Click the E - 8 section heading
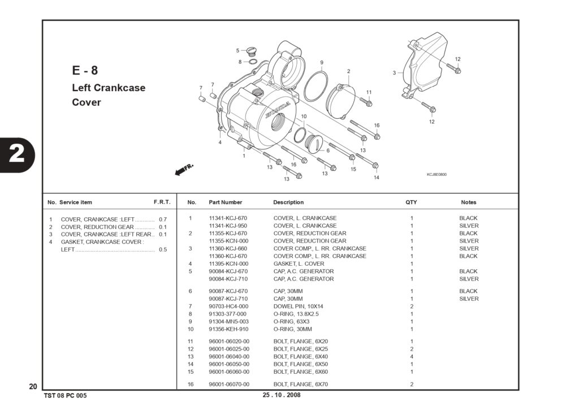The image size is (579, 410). tap(85, 70)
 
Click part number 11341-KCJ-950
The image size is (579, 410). tap(228, 226)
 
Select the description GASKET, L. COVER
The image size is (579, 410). tap(299, 264)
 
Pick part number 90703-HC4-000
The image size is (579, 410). tap(228, 306)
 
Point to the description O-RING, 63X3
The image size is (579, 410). tap(291, 321)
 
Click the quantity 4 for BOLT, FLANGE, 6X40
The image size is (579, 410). tap(412, 356)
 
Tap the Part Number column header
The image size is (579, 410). tap(225, 202)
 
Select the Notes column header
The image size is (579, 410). tap(469, 202)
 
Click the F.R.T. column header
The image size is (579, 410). tap(162, 202)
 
